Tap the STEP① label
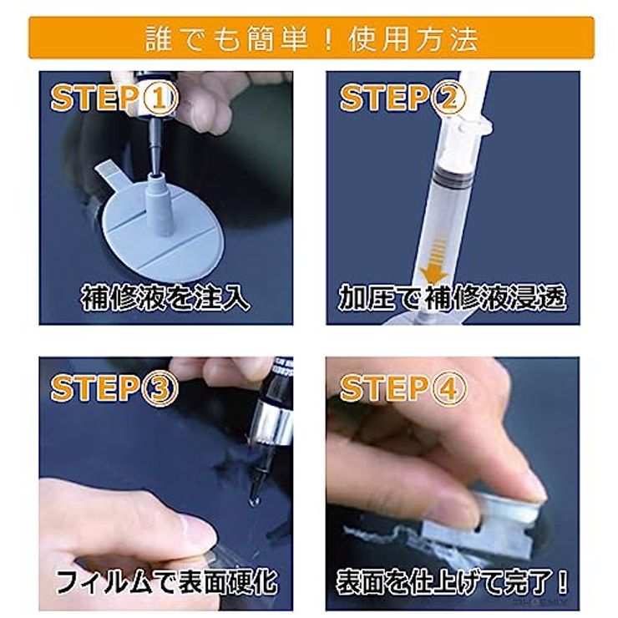coord(114,99)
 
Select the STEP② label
coord(399,99)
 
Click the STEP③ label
coord(114,388)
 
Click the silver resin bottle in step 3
coord(276,422)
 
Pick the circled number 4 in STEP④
coord(448,388)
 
